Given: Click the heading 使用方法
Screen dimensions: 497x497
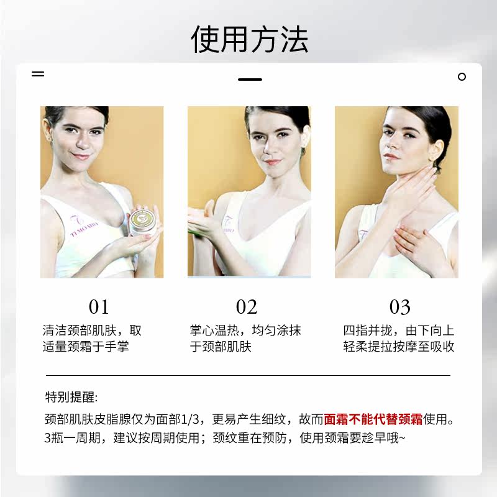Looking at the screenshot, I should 249,39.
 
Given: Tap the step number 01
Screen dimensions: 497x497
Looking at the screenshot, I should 99,307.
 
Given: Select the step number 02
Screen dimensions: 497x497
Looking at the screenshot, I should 247,307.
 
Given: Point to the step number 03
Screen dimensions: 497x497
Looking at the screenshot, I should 400,307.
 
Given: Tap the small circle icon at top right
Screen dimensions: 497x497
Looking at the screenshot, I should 462,77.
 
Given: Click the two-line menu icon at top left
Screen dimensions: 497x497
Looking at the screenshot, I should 38,73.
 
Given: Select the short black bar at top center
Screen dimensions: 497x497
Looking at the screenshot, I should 250,80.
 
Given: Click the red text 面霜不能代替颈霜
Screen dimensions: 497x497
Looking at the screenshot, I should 373,419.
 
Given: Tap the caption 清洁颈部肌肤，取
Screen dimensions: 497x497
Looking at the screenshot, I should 92,331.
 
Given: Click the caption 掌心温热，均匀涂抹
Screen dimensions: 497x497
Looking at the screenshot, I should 245,331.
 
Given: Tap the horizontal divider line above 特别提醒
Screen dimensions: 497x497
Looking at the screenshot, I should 248,376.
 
